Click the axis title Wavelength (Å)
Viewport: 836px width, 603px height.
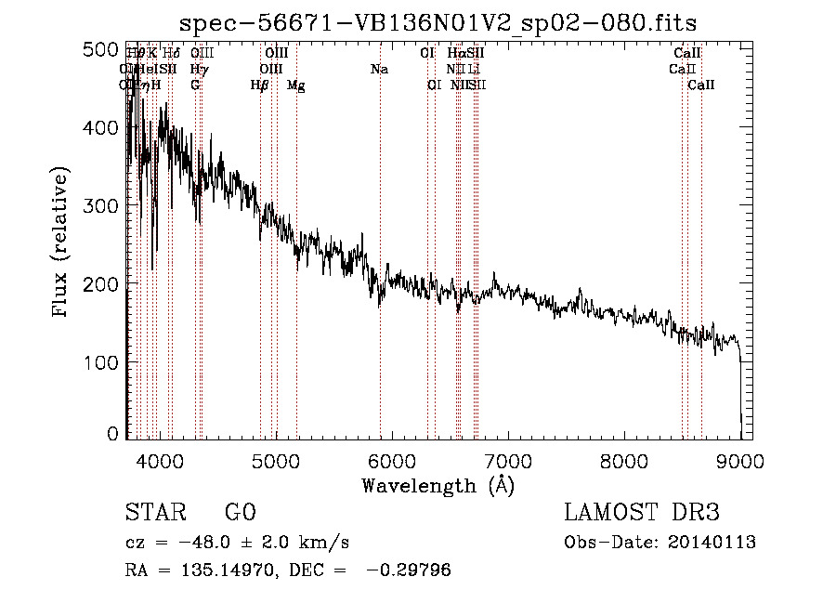[438, 485]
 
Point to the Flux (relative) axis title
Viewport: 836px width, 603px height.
[62, 243]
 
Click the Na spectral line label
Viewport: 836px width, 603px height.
[379, 70]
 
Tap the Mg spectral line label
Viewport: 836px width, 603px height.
[296, 85]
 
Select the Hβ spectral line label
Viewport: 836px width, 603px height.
[260, 85]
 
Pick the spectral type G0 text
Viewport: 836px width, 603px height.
[241, 513]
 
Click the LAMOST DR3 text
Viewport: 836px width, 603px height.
[642, 513]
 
